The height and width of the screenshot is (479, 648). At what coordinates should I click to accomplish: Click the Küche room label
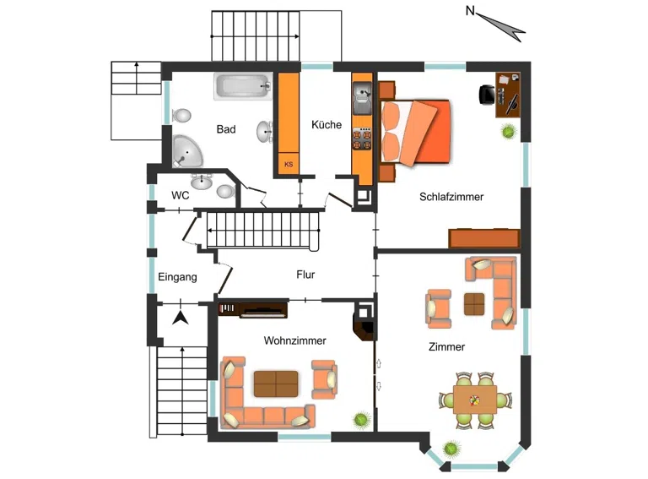click(x=327, y=124)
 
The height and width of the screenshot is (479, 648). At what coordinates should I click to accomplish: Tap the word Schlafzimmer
click(x=451, y=197)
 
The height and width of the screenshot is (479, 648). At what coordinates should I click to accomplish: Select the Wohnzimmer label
click(x=294, y=340)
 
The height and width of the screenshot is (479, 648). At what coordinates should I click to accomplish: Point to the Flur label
click(x=305, y=275)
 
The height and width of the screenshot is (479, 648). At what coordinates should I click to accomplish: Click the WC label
click(x=181, y=195)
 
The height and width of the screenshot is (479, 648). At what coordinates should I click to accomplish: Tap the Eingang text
click(x=177, y=277)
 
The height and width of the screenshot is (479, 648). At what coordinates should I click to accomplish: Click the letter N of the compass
click(x=470, y=11)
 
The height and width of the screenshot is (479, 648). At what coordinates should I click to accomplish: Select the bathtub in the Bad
click(x=243, y=86)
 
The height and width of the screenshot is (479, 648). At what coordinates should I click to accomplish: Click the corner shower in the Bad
click(x=186, y=150)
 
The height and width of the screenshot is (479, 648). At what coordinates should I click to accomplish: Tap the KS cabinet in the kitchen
click(x=289, y=164)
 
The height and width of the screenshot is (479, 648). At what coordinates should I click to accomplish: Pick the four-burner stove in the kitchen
click(x=362, y=139)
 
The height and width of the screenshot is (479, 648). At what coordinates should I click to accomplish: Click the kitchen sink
click(x=362, y=98)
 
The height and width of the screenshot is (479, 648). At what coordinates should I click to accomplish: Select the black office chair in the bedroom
click(x=487, y=95)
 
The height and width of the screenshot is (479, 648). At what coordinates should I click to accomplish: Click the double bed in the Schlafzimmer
click(x=415, y=133)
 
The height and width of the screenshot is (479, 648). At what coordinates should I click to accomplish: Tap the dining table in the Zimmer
click(x=475, y=400)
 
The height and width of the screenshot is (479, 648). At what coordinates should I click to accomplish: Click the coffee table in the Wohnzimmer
click(x=276, y=384)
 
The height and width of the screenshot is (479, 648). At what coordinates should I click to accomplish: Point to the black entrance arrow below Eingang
click(x=181, y=318)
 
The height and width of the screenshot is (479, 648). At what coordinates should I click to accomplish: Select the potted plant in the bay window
click(x=451, y=449)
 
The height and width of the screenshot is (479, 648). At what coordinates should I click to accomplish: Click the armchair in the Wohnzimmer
click(x=324, y=379)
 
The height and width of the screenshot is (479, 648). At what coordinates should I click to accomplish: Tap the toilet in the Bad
click(x=182, y=116)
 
